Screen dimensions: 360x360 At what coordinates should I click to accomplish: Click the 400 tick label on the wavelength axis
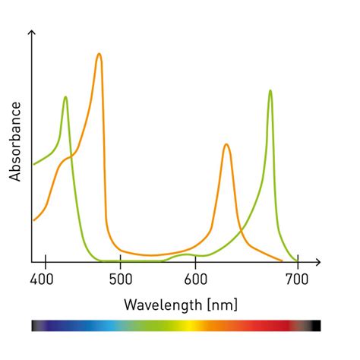pos(46,279)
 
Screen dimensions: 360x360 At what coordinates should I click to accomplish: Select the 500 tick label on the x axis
pos(121,279)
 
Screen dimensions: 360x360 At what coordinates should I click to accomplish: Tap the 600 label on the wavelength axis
pos(196,279)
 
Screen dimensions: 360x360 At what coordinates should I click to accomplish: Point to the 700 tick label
pos(297,279)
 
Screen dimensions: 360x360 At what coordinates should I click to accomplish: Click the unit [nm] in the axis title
pos(222,305)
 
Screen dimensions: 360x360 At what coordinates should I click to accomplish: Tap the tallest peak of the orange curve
pos(99,55)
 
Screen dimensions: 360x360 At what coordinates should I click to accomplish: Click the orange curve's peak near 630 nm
pos(226,144)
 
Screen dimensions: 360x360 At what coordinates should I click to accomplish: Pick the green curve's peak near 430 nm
pos(66,97)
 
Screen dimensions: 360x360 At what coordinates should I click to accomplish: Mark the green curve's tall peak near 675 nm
pos(270,91)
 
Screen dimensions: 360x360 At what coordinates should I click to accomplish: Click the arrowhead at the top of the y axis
pos(32,34)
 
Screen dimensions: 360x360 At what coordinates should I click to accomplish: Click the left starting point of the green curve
pos(33,164)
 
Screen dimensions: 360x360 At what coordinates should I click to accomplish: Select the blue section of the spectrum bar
pos(91,326)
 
